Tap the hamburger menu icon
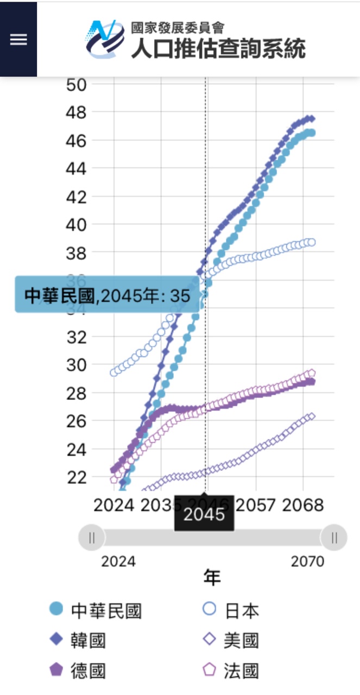[18, 39]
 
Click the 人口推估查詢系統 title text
[218, 48]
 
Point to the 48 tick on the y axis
[75, 112]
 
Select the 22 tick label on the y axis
[75, 477]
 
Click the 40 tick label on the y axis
[75, 224]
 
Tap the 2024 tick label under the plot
[114, 506]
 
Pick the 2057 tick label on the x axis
[256, 506]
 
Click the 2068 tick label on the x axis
[303, 506]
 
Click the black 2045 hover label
[204, 514]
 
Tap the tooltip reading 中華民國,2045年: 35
[108, 294]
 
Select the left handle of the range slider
[92, 538]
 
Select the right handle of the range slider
[334, 538]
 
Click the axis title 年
[212, 577]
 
